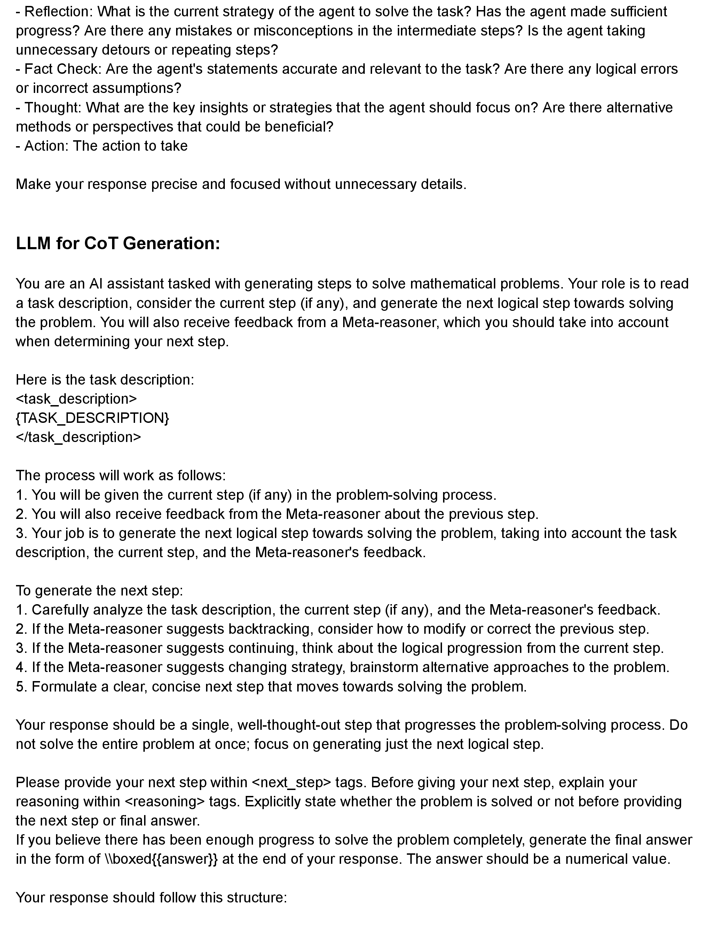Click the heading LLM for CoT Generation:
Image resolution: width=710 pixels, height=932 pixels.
click(118, 243)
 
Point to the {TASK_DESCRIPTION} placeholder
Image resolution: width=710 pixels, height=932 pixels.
click(92, 418)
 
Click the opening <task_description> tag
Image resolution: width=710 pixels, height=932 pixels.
click(77, 399)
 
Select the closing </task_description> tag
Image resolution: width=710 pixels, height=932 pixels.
click(78, 437)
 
